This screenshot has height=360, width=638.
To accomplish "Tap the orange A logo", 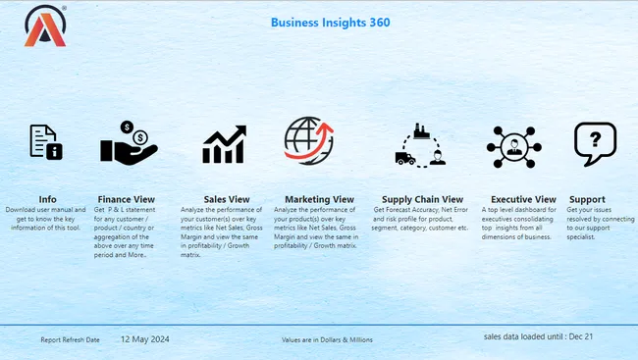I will tap(44, 26).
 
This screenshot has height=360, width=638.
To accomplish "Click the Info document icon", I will tap(45, 142).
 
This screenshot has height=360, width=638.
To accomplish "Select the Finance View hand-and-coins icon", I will tap(129, 142).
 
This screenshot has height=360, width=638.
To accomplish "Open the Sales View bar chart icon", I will tap(225, 145).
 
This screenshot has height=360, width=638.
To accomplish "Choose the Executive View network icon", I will tap(513, 146).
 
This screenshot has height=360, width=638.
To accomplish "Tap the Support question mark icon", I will tap(595, 144).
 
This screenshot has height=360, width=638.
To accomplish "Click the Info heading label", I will tap(47, 199).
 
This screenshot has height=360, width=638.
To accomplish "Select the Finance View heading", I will tap(127, 199).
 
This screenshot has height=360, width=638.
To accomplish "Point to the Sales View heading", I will tap(227, 199).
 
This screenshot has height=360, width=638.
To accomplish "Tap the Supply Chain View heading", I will tap(422, 199).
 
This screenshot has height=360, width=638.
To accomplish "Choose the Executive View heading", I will tap(523, 199).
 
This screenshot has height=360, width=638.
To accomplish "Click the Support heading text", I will tap(587, 199).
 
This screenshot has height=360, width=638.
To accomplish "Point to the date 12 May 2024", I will tap(145, 339).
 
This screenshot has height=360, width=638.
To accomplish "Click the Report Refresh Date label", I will tap(70, 340).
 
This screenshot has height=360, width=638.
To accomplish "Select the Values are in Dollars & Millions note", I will tap(327, 340).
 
